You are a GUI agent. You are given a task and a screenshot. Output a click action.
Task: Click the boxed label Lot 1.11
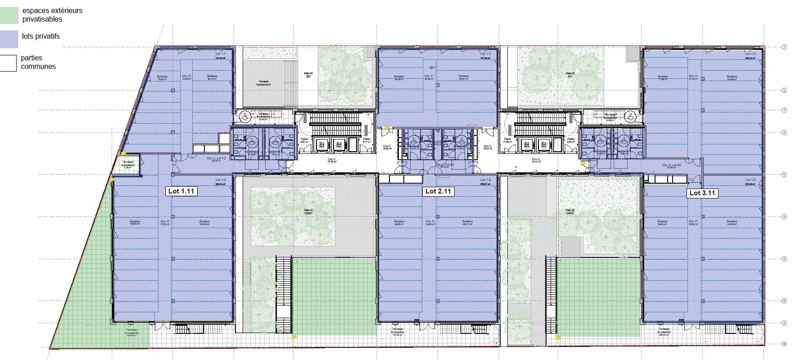click(x=181, y=191)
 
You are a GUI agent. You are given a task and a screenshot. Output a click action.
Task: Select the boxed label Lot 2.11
click(x=438, y=191)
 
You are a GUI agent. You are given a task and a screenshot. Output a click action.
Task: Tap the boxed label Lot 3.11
click(x=702, y=193)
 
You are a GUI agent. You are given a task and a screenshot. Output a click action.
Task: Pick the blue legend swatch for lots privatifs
click(x=9, y=39)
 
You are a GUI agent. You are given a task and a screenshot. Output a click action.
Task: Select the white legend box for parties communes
click(x=8, y=63)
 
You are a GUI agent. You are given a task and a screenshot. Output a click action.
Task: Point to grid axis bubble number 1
click(x=784, y=47)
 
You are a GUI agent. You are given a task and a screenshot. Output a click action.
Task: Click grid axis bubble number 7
click(x=784, y=259)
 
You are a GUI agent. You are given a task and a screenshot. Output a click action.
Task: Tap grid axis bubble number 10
click(x=784, y=344)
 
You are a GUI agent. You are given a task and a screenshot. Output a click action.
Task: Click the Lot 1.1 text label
click(x=221, y=54)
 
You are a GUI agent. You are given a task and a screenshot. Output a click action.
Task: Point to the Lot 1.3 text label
click(x=485, y=54)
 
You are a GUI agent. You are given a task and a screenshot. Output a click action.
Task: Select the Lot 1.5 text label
click(x=750, y=54)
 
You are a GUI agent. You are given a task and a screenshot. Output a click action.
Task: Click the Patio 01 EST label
click(x=308, y=75)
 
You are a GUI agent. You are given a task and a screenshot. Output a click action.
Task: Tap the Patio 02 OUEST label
click(x=570, y=211)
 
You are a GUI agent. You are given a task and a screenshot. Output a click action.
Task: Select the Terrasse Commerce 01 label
click(x=262, y=83)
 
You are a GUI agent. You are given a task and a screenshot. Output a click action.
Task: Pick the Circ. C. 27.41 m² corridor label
click(x=536, y=160)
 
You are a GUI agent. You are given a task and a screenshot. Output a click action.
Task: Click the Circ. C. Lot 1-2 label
click(x=216, y=159)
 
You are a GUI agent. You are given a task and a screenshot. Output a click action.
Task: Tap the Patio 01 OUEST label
click(x=308, y=211)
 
